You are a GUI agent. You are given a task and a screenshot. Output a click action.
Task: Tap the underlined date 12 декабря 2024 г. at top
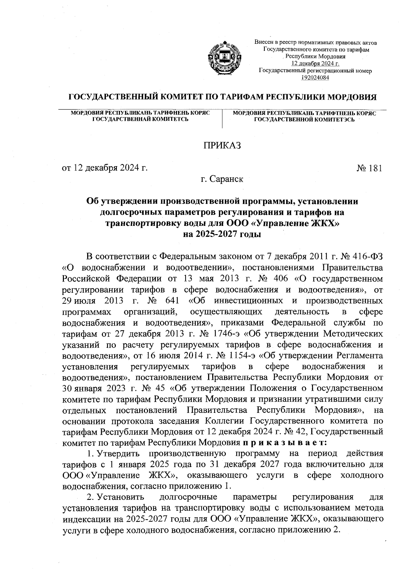click(315, 63)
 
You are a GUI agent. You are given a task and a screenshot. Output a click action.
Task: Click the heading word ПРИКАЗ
click(222, 146)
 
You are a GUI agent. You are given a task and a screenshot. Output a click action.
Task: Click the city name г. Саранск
click(222, 179)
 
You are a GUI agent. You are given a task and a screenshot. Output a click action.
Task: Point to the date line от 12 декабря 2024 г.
click(105, 168)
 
